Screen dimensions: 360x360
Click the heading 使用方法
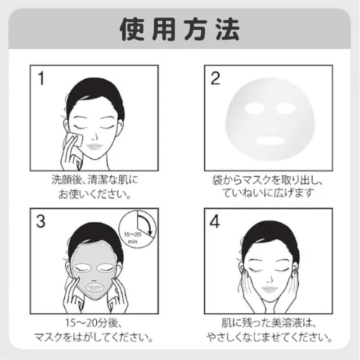[x=180, y=30]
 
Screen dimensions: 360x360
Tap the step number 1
[x=41, y=78]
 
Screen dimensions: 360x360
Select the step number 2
[x=215, y=78]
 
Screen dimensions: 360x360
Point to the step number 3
[x=40, y=221]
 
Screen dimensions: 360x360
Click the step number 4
[x=215, y=221]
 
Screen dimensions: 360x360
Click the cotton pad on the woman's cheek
[x=75, y=139]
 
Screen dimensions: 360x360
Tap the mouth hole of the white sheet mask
[x=270, y=140]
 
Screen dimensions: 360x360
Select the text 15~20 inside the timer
[x=132, y=234]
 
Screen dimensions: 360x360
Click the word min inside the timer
[x=132, y=242]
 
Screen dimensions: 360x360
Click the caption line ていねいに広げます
[x=268, y=193]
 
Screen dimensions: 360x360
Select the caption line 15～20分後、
[x=94, y=323]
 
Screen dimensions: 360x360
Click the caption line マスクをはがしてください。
[x=94, y=337]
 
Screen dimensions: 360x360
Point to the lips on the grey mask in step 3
[x=95, y=287]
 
